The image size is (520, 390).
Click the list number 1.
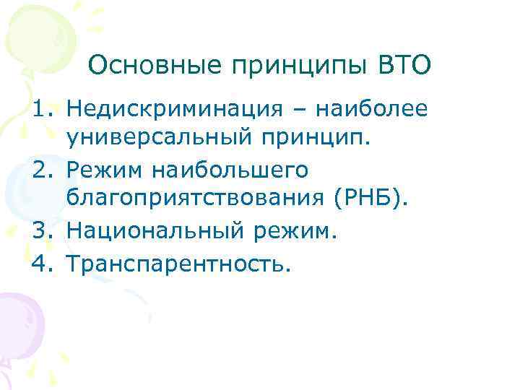[41, 110]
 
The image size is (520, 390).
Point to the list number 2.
[41, 172]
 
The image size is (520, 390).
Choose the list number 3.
[41, 233]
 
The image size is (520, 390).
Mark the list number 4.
[41, 264]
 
